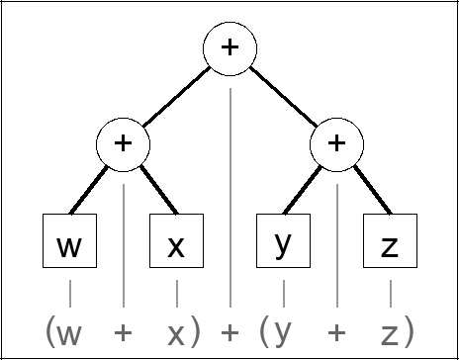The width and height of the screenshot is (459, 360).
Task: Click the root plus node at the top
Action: (229, 49)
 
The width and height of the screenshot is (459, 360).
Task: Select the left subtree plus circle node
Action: (123, 143)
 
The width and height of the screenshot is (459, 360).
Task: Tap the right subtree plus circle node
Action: (336, 143)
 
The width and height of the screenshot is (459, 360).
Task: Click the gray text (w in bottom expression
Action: (63, 331)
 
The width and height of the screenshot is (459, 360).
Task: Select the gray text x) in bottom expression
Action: (181, 331)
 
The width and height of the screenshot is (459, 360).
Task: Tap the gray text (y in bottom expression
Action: (277, 331)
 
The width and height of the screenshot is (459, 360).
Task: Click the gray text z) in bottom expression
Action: (396, 331)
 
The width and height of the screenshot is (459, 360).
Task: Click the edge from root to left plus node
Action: (176, 96)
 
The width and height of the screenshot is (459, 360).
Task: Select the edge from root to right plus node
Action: (283, 96)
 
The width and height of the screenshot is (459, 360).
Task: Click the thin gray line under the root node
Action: (229, 198)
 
